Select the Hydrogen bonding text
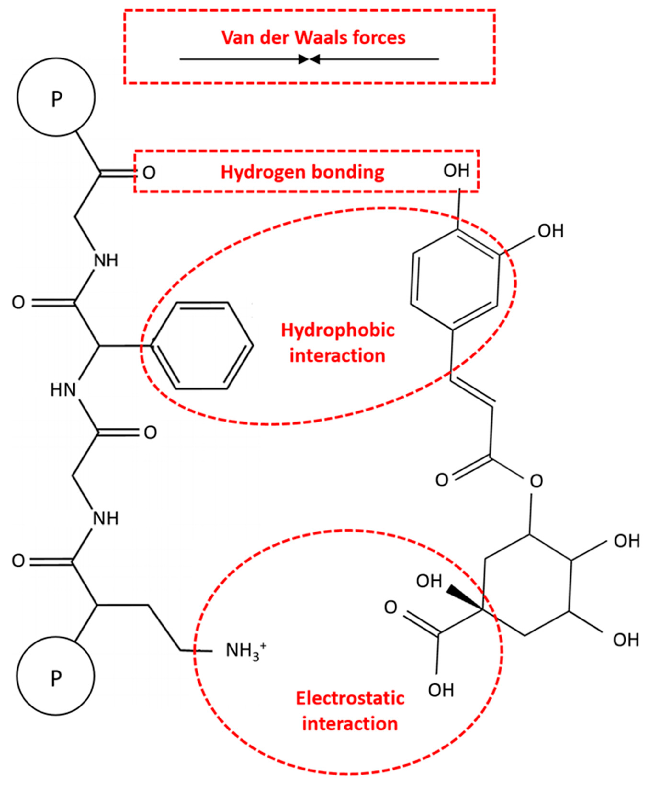point(302,172)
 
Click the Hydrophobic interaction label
point(337,343)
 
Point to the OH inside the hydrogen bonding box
point(456,171)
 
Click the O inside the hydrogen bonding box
point(149,173)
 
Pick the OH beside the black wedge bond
point(429,581)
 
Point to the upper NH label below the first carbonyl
point(106,260)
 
